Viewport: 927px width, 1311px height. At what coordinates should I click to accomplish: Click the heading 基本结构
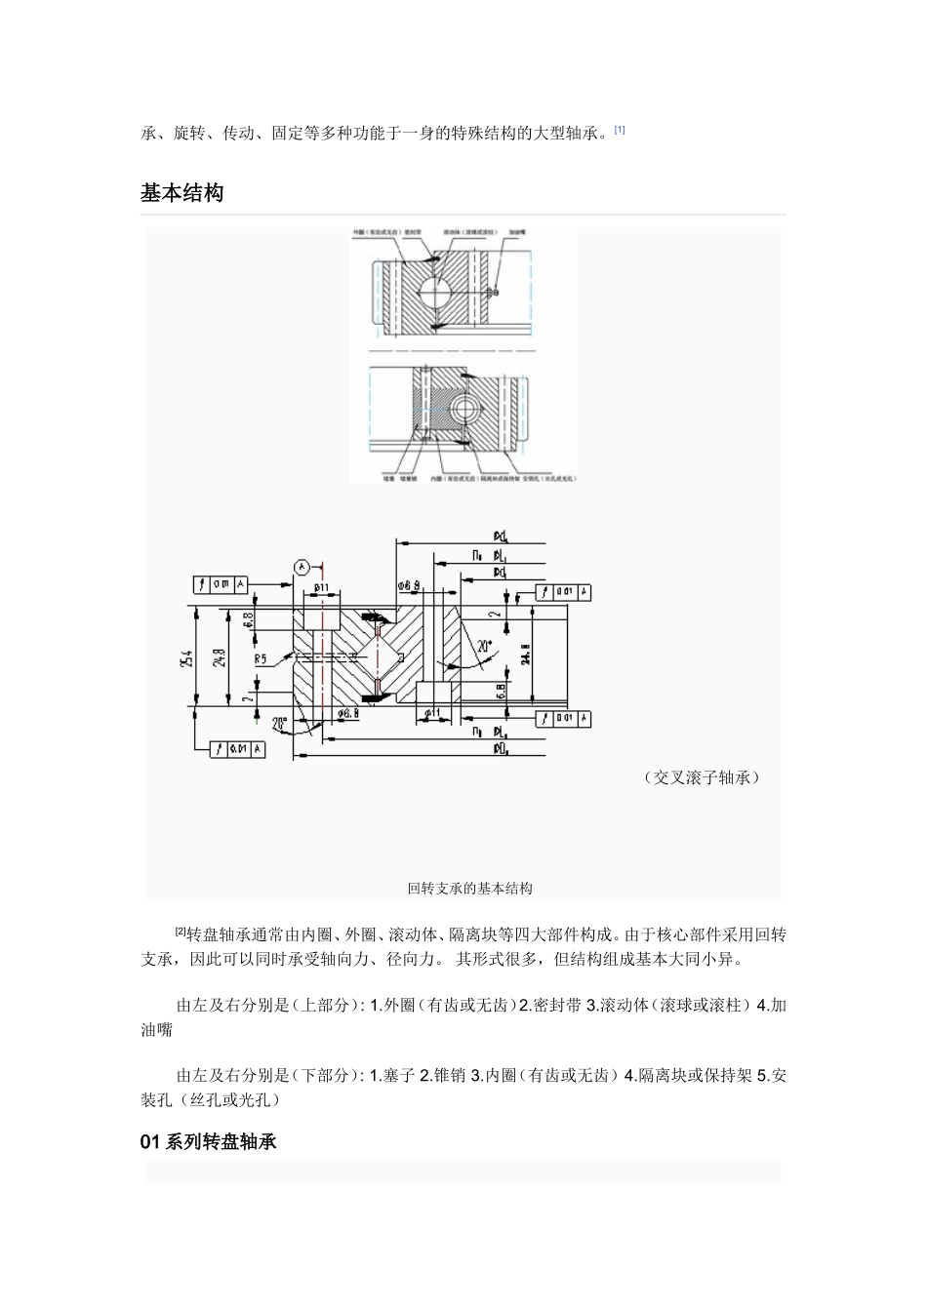point(182,193)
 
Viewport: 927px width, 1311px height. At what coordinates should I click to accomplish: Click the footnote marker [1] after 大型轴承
point(620,129)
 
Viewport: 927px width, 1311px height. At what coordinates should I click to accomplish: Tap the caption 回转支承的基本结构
point(470,889)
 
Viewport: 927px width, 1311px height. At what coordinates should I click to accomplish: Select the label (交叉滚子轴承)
point(702,777)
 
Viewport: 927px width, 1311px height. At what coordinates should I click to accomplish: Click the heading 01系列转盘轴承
point(209,1141)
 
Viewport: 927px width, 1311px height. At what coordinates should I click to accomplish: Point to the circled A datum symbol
point(302,566)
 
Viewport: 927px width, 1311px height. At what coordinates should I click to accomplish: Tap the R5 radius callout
point(261,658)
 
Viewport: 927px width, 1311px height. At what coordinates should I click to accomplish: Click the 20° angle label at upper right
point(482,646)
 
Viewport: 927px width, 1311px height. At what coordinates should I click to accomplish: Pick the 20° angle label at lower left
point(281,724)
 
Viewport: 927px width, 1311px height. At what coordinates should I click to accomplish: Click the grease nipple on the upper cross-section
point(495,292)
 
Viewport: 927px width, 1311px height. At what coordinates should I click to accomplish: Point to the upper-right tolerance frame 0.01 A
point(564,592)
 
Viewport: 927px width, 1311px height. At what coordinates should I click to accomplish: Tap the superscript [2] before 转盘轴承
point(180,932)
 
